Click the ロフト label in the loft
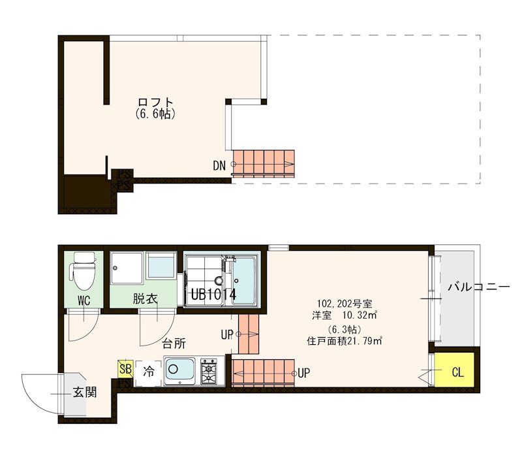pyautogui.click(x=155, y=103)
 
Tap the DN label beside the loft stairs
pyautogui.click(x=219, y=165)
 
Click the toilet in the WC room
pyautogui.click(x=84, y=271)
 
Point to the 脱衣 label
pyautogui.click(x=145, y=299)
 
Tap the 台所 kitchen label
pyautogui.click(x=174, y=342)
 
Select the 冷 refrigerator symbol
pyautogui.click(x=149, y=372)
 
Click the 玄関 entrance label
pyautogui.click(x=85, y=393)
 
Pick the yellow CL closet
pyautogui.click(x=457, y=373)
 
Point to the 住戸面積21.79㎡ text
pyautogui.click(x=345, y=340)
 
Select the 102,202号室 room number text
pyautogui.click(x=345, y=304)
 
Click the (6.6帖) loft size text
pyautogui.click(x=155, y=114)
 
